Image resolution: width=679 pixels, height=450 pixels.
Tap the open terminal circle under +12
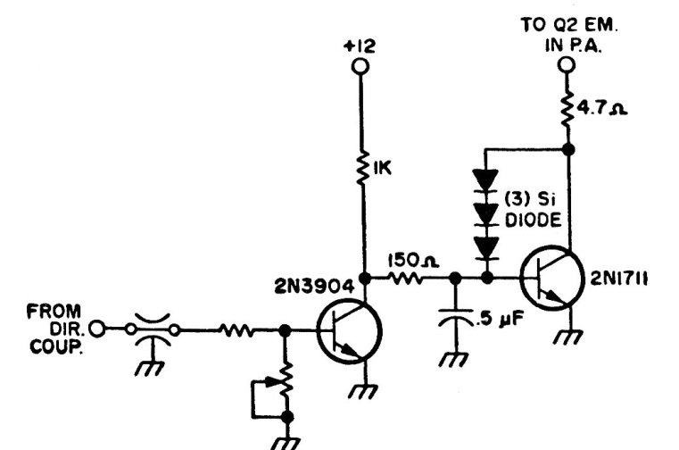coord(361,68)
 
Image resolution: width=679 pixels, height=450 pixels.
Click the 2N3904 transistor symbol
coord(348,329)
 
